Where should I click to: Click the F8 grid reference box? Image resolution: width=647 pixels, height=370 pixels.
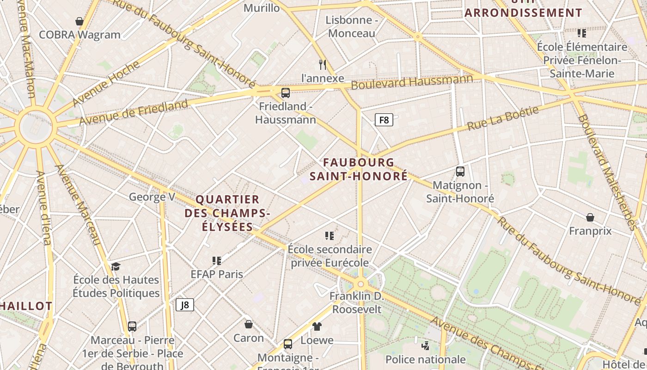coord(384,120)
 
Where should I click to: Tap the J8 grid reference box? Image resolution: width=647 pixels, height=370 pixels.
coord(185,305)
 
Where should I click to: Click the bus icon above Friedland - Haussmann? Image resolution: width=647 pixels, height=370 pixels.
coord(286,93)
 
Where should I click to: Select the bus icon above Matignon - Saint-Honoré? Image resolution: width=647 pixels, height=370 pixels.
coord(460,172)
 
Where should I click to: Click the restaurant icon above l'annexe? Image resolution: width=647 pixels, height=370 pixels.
coord(323,64)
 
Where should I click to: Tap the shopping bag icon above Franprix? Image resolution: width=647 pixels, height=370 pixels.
coord(590,217)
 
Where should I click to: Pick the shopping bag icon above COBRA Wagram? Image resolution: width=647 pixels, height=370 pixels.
coord(79,21)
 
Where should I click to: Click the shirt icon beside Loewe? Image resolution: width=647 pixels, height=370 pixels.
coord(317,327)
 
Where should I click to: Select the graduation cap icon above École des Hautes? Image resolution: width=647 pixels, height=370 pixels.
coord(116,266)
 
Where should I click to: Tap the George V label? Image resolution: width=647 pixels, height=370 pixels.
coord(152,197)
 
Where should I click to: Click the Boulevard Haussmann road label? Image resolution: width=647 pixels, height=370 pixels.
coord(412,82)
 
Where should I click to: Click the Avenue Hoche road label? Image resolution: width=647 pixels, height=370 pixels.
coord(106,83)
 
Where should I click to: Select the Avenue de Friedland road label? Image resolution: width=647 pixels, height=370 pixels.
coord(134,111)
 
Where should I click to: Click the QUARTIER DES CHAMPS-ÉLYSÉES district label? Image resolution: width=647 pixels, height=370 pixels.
coord(227,213)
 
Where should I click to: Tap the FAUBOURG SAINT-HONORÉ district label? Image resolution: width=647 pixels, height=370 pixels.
coord(359,169)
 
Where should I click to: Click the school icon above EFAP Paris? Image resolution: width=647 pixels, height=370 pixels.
coord(216,261)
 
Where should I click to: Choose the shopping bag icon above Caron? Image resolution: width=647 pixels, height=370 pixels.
coord(248,324)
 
